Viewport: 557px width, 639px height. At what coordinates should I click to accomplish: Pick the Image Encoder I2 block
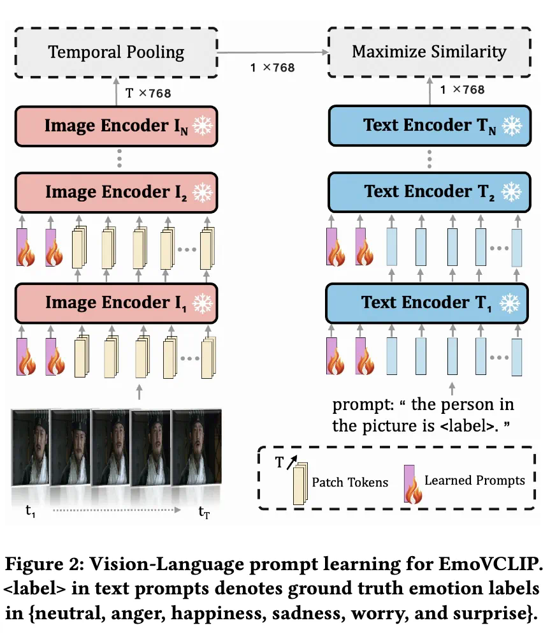click(x=116, y=191)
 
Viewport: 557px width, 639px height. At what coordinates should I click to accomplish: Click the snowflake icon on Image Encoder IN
click(x=203, y=126)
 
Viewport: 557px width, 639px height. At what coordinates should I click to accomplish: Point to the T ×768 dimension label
click(x=148, y=93)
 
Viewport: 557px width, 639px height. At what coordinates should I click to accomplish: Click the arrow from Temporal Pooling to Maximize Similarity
click(x=272, y=52)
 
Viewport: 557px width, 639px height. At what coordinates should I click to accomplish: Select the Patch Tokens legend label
click(x=350, y=482)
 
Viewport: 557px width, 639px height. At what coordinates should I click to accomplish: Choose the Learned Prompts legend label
click(x=475, y=480)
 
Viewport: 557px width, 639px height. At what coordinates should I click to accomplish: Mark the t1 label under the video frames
click(x=29, y=511)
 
